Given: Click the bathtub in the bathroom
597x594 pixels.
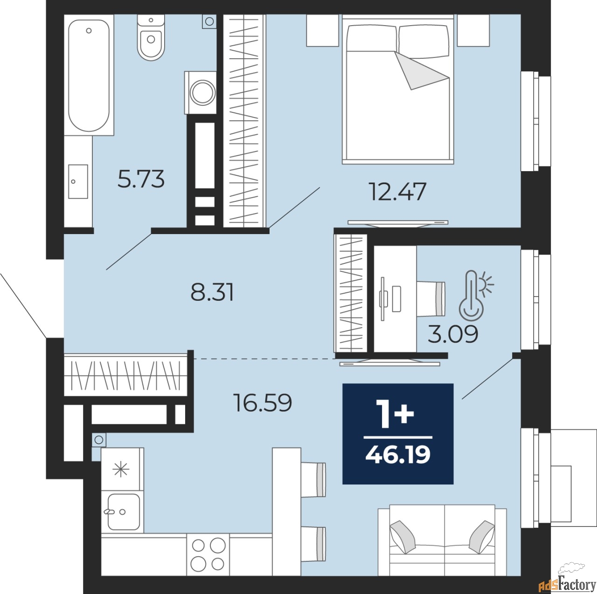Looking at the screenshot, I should click(x=89, y=75).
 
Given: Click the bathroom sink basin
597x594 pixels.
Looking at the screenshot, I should click(x=78, y=181).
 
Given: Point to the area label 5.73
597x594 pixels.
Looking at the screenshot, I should click(x=141, y=179).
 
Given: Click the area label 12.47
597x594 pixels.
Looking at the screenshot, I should click(x=397, y=192).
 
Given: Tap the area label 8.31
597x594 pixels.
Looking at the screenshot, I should click(x=212, y=292).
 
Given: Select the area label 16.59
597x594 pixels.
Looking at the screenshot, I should click(x=263, y=403).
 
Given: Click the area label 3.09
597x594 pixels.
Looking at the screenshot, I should click(x=453, y=334).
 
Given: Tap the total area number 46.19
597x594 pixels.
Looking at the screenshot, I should click(x=398, y=455).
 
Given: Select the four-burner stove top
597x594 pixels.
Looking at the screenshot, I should click(x=208, y=554).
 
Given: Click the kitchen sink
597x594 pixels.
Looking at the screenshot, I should click(x=123, y=512).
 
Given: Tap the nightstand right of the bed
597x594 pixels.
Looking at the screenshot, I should click(x=473, y=30).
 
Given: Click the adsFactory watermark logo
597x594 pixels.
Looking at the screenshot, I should click(x=567, y=583).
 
